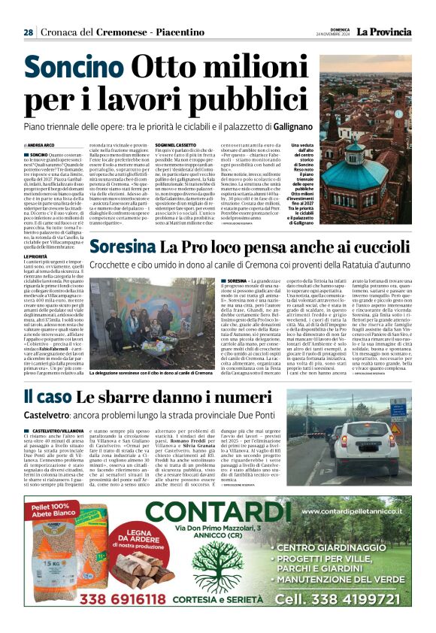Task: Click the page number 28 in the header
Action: (28, 33)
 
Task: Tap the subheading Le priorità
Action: (35, 257)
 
